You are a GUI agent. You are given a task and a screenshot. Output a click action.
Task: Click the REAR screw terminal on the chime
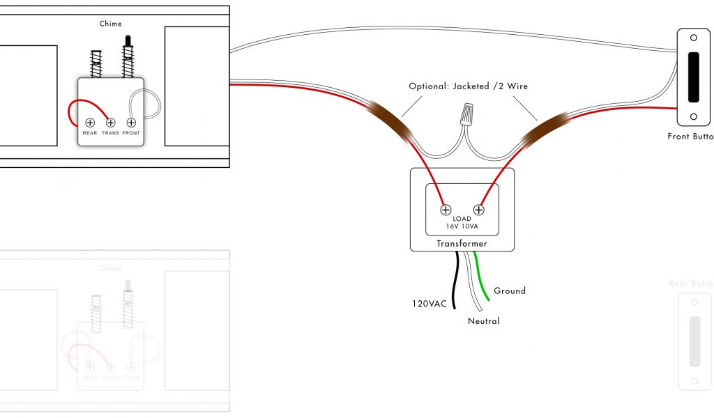90,123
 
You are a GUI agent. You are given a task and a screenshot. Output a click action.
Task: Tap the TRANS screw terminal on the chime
110,123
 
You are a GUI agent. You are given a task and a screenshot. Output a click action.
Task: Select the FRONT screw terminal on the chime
131,123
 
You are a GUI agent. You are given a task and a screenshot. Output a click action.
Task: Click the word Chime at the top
110,24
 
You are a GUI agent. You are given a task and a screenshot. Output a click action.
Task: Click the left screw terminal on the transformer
446,209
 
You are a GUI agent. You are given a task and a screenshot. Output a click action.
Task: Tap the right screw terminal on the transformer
479,209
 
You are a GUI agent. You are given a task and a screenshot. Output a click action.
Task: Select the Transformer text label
462,244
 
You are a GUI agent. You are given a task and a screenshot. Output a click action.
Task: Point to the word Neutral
483,321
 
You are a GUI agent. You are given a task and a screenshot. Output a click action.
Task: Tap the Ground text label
509,291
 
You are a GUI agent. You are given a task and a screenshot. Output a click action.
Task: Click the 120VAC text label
428,304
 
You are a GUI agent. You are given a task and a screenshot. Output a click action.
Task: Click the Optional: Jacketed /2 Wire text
468,86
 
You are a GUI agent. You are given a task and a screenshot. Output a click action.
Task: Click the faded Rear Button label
690,284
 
